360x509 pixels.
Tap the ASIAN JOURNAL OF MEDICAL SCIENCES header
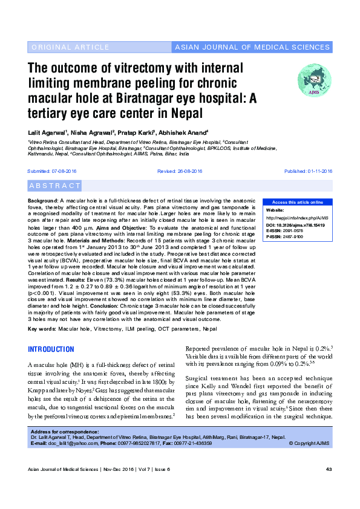click(x=252, y=47)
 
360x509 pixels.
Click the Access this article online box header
click(x=297, y=202)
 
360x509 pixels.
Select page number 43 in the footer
click(x=329, y=487)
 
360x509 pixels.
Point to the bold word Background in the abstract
click(x=43, y=199)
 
